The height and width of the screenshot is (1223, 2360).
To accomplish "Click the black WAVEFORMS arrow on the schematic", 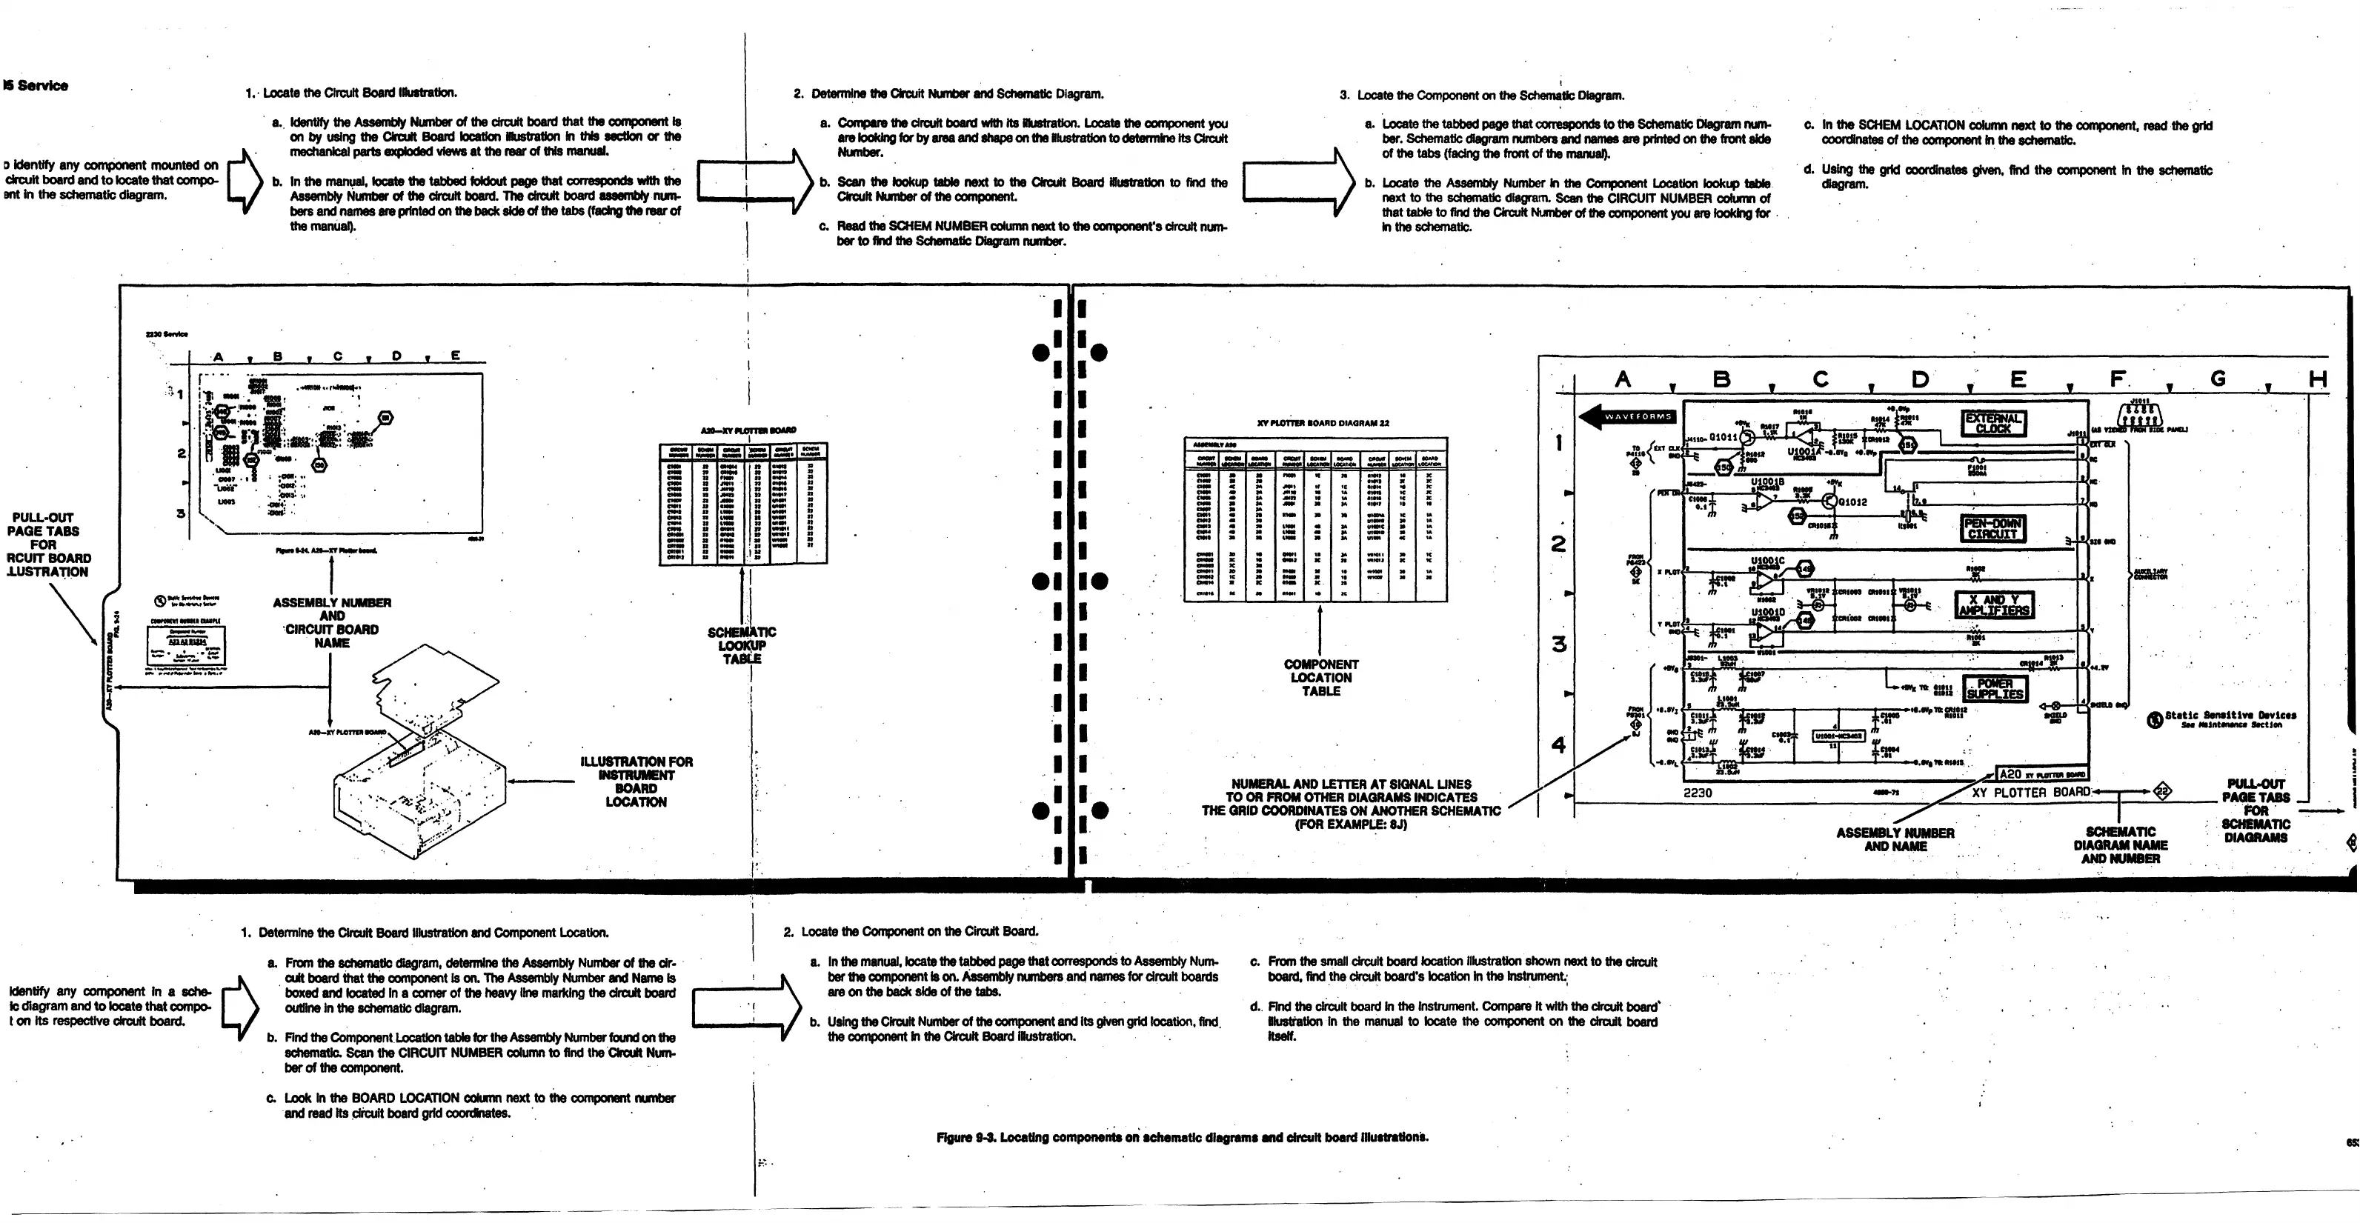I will coord(1627,417).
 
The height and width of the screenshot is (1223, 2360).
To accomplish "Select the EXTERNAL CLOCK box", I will coord(1992,422).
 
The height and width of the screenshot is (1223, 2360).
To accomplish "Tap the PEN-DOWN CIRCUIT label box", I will coord(1992,529).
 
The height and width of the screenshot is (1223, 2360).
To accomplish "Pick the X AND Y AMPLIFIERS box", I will coord(1993,604).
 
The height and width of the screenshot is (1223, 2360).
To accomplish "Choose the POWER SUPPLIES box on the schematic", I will coord(1995,689).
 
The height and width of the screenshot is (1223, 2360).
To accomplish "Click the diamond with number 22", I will coord(2162,792).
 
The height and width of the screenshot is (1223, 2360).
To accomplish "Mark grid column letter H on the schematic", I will coord(2317,379).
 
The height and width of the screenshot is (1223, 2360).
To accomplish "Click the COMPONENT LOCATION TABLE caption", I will coord(1320,678).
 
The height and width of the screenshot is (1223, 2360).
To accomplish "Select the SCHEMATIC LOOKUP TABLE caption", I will coord(741,645).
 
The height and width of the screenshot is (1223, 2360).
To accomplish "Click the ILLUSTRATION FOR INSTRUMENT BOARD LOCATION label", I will coord(636,782).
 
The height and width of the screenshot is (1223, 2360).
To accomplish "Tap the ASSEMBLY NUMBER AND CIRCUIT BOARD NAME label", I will coord(332,623).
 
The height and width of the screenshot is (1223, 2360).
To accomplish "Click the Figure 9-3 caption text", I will coord(1181,1137).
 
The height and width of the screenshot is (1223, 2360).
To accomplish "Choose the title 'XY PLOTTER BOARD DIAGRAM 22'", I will coord(1322,423).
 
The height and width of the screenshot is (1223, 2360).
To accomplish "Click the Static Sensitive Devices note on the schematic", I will coord(2229,719).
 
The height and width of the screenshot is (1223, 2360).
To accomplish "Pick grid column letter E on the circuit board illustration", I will coord(455,356).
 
